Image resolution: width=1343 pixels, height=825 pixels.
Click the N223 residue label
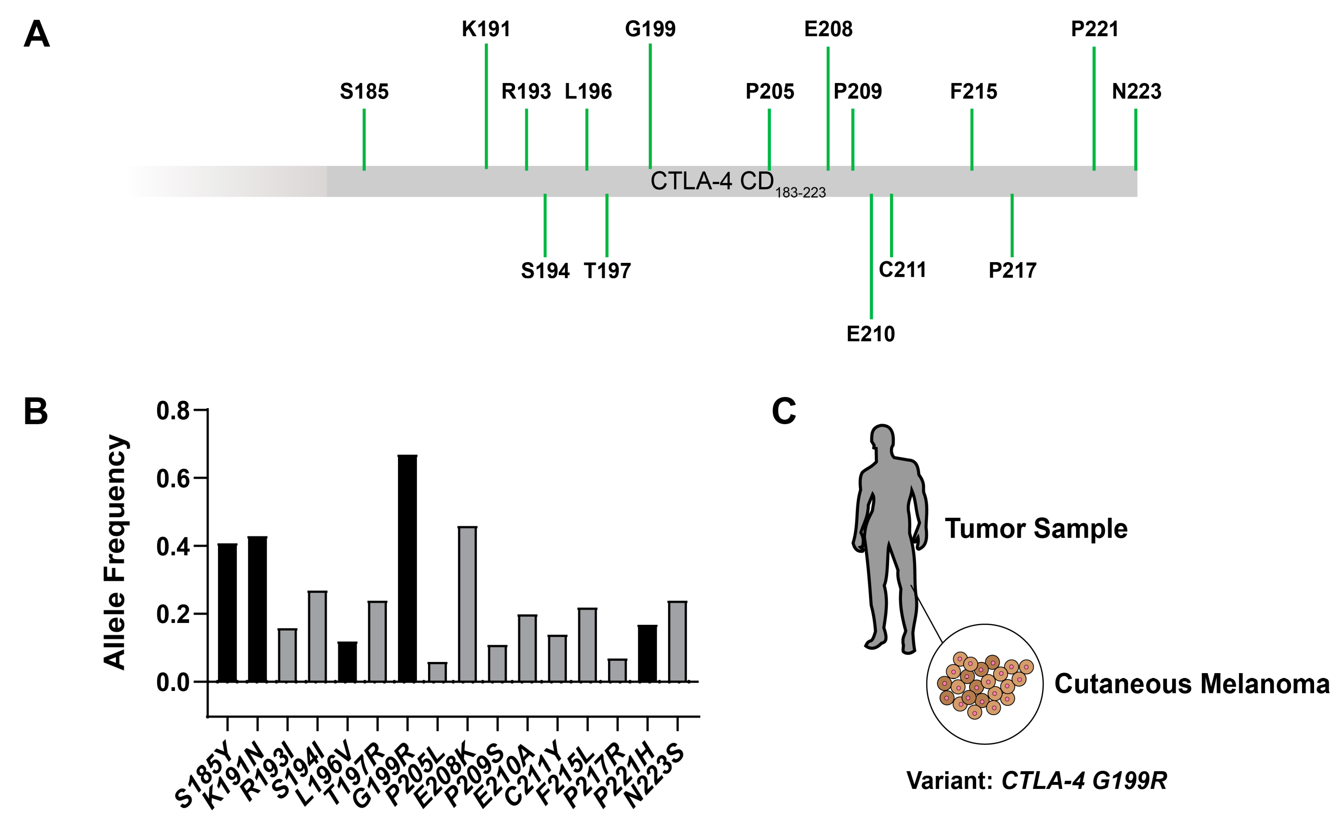click(x=1136, y=91)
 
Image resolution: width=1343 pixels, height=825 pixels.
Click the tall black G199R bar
click(x=407, y=567)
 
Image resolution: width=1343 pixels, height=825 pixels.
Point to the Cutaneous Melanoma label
click(x=1191, y=684)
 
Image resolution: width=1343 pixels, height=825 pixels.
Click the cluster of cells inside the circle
click(x=984, y=684)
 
